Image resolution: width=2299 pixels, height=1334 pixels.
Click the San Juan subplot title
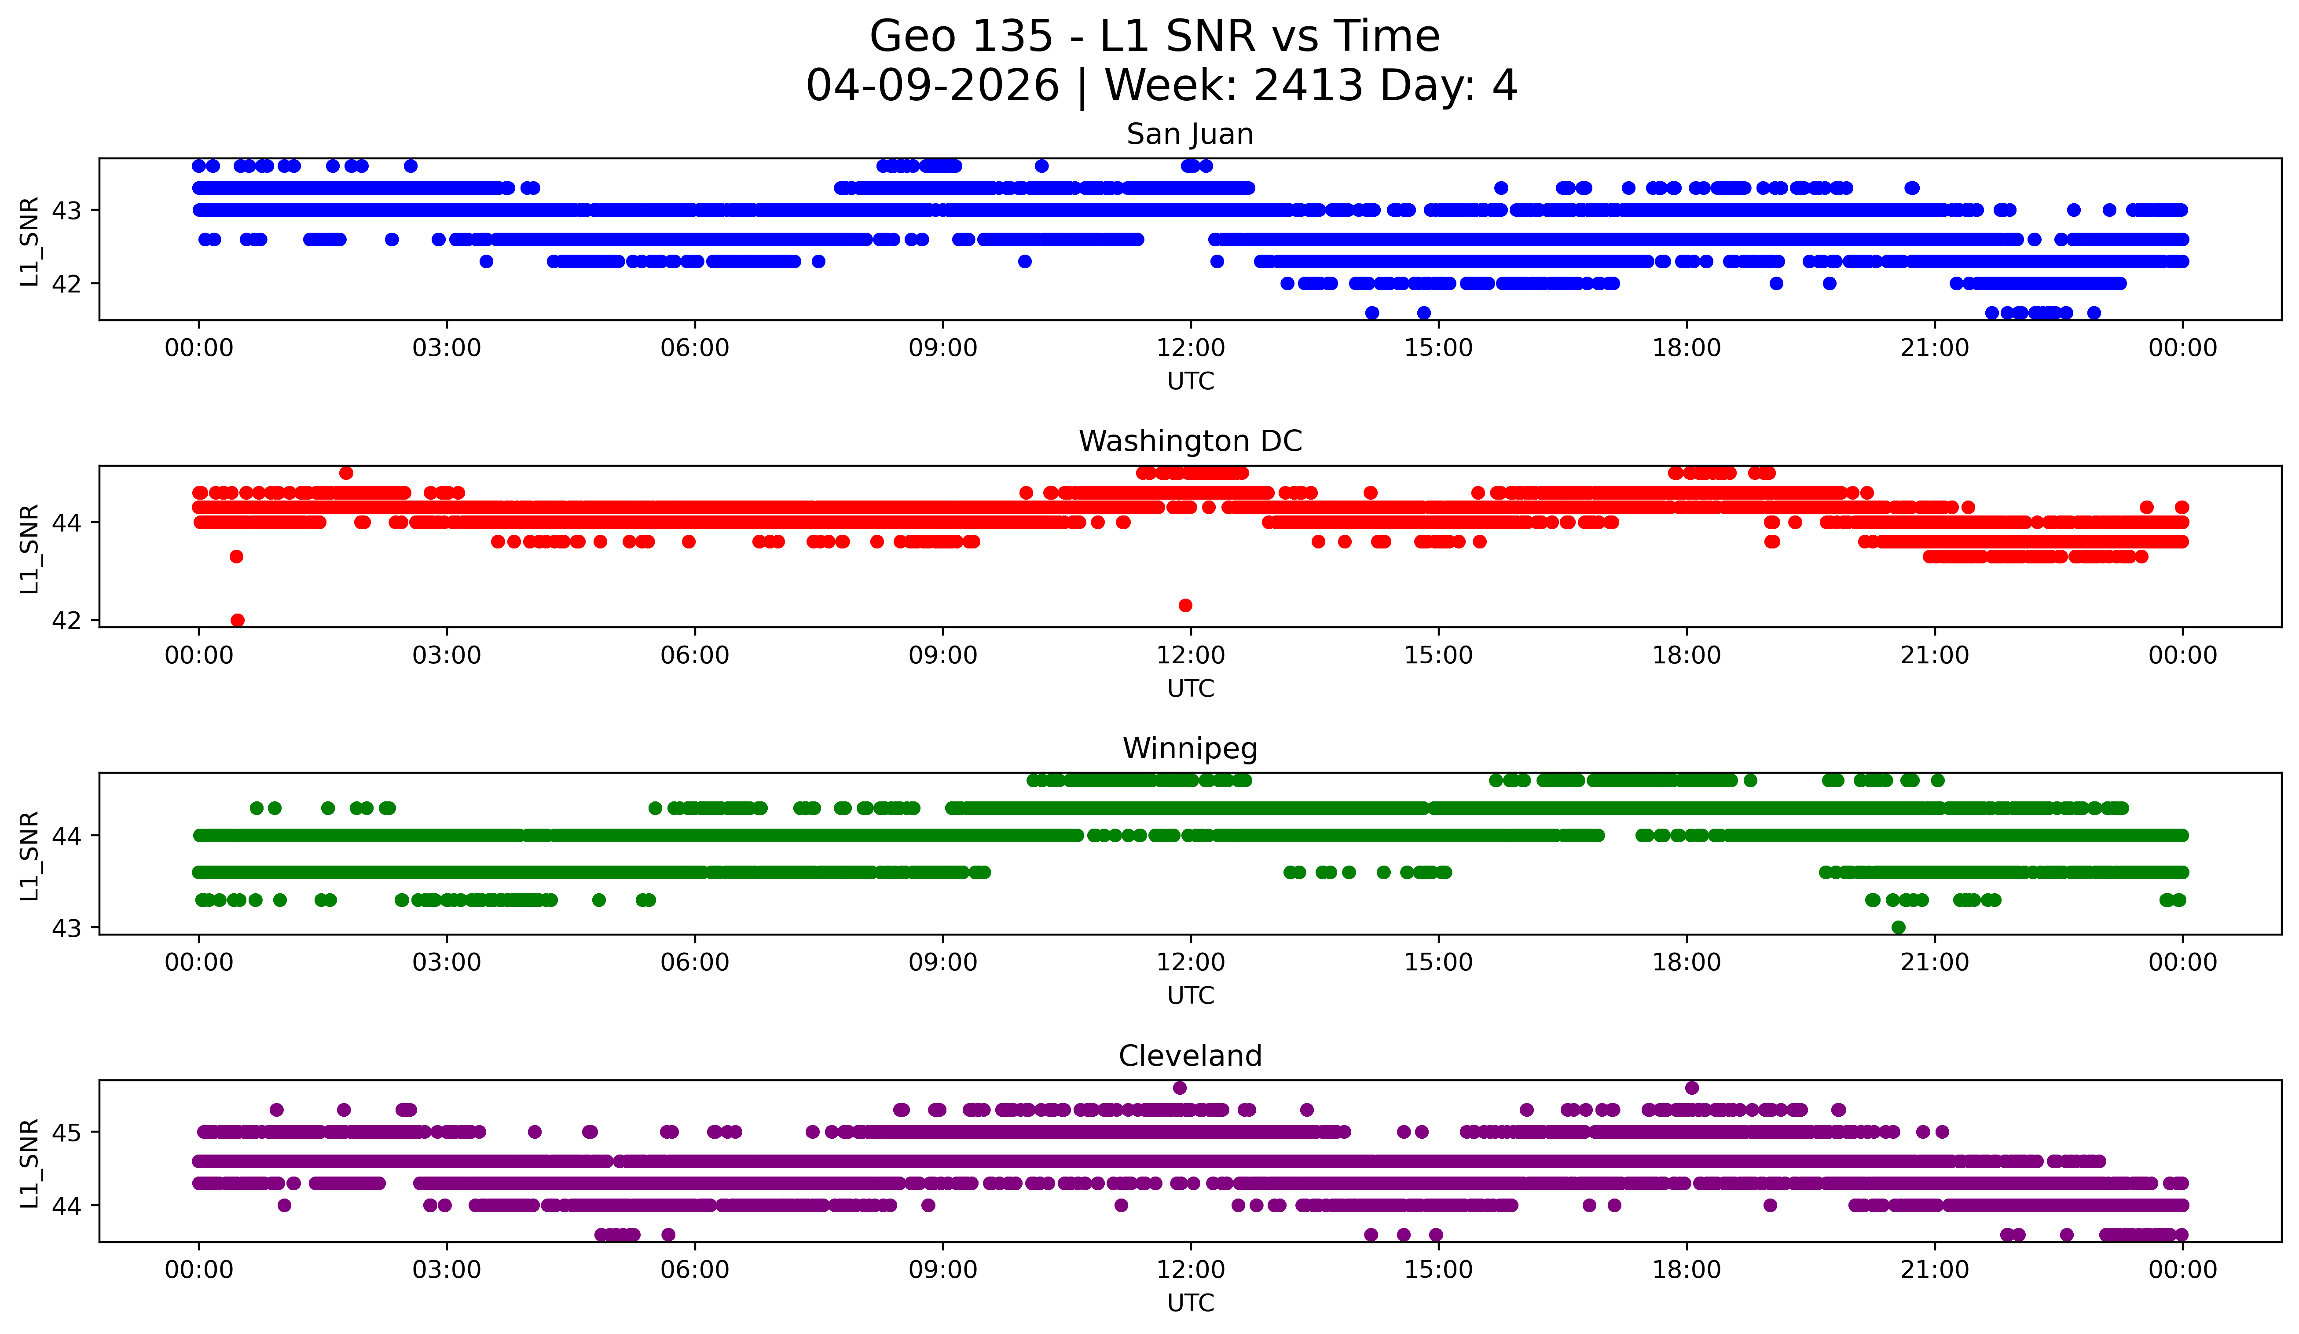coord(1190,134)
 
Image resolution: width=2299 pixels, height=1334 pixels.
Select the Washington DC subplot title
coord(1190,441)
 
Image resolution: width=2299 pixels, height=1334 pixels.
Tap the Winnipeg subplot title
coord(1190,749)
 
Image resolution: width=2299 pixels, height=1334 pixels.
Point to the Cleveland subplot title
coord(1190,1056)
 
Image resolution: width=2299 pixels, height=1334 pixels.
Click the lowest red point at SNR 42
coord(237,620)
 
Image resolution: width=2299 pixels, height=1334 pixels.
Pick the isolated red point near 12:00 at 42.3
coord(1185,606)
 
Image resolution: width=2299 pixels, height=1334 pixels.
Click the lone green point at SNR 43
coord(1899,927)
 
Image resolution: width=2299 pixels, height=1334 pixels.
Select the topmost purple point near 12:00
coord(1180,1088)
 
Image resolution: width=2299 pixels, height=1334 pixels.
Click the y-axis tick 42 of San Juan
coord(66,284)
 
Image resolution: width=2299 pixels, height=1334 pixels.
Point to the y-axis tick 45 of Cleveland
coord(66,1133)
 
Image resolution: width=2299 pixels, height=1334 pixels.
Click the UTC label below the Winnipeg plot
coord(1190,996)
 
